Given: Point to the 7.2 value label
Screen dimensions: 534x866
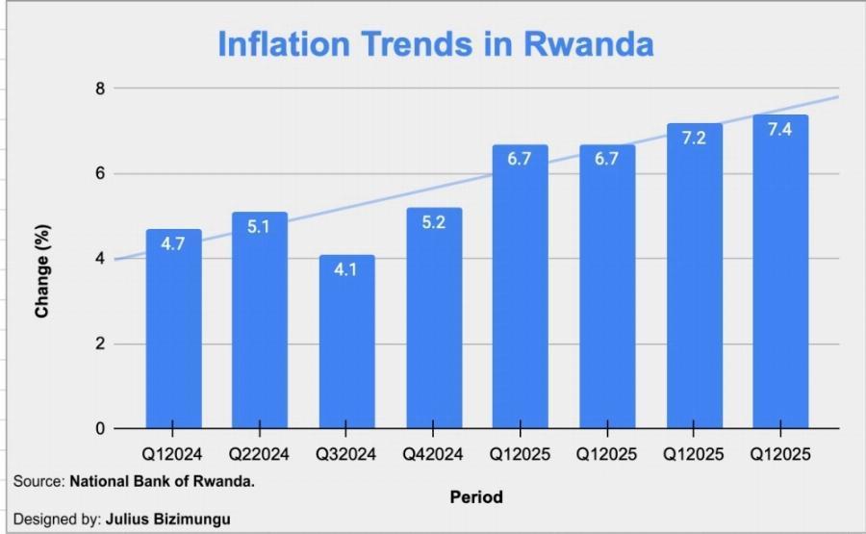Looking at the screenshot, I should pos(694,138).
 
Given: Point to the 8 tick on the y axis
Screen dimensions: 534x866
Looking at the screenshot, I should pos(98,89).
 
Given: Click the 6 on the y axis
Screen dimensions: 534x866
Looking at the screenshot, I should pos(98,174).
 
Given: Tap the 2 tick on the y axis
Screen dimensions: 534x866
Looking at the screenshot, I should pos(98,344).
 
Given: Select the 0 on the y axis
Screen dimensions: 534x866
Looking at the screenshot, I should pos(98,429).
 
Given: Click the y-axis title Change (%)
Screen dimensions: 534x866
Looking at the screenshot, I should pos(41,272).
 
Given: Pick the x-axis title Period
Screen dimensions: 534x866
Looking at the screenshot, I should pos(475,497).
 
